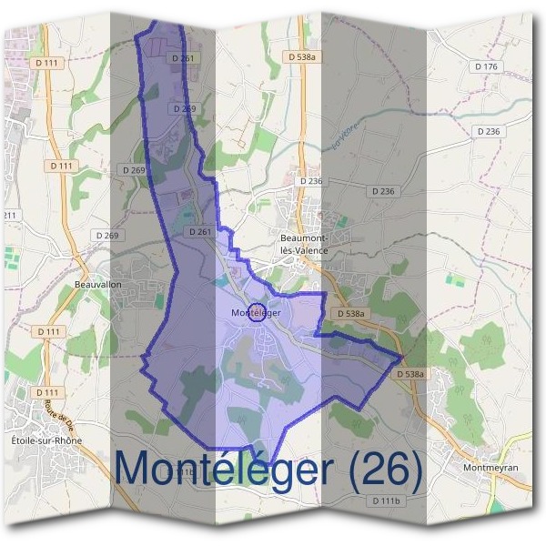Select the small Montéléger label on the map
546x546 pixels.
256,312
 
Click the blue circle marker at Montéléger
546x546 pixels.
257,312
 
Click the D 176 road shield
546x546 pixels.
487,66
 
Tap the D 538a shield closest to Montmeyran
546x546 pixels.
411,374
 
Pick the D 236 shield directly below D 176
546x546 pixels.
489,132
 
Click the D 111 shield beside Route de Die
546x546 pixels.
49,392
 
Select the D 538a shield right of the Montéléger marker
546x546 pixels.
349,314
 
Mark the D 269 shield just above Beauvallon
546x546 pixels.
106,236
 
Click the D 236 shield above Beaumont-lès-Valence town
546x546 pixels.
310,181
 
